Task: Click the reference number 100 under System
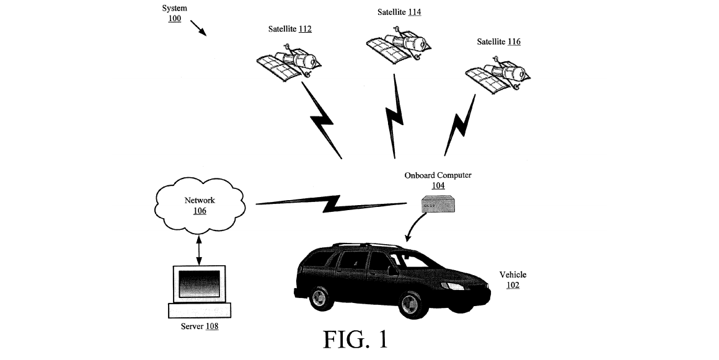(x=174, y=19)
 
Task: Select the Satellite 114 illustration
(x=398, y=45)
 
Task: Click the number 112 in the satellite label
(x=305, y=29)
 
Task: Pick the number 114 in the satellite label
(x=415, y=12)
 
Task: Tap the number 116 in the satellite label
(x=514, y=42)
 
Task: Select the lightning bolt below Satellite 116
(x=459, y=125)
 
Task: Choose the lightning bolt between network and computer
(x=331, y=203)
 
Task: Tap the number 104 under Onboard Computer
(x=438, y=186)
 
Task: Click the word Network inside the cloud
(x=200, y=200)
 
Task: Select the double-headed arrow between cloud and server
(x=198, y=250)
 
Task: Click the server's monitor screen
(x=199, y=284)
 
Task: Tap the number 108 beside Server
(x=212, y=327)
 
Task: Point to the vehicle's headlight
(x=452, y=286)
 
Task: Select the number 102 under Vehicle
(x=513, y=285)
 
